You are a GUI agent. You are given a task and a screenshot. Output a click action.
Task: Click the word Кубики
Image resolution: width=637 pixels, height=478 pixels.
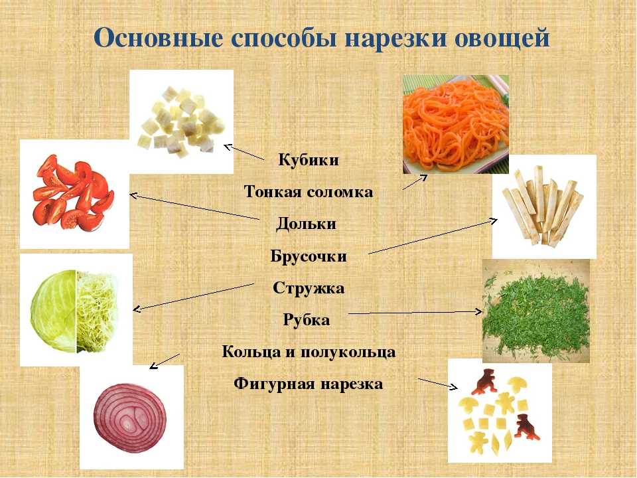(309, 160)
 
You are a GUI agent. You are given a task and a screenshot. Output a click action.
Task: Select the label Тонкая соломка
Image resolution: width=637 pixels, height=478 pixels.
(309, 191)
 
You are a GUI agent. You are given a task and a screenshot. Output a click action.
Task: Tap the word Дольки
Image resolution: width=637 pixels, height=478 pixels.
(307, 224)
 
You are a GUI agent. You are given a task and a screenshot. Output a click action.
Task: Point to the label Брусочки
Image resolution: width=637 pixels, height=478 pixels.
(309, 256)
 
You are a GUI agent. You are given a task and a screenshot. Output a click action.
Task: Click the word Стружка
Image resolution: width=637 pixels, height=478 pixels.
(309, 287)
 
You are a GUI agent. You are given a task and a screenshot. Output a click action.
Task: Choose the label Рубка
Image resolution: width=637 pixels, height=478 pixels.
(307, 320)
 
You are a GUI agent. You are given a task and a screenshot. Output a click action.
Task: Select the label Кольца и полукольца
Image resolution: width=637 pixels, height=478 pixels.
(309, 352)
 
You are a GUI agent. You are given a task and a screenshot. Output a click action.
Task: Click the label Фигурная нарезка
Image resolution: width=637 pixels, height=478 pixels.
(309, 384)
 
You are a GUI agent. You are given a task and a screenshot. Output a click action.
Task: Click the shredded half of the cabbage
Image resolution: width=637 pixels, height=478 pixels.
(98, 311)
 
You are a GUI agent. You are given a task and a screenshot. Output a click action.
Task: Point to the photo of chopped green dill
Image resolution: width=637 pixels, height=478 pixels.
(536, 311)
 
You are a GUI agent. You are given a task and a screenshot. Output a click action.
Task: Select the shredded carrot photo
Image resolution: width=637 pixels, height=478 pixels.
(456, 124)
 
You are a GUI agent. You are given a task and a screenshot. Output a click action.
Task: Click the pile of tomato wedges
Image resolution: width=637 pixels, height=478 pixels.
(73, 193)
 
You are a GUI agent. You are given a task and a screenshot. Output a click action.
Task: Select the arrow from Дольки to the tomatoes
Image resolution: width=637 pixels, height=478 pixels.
(194, 207)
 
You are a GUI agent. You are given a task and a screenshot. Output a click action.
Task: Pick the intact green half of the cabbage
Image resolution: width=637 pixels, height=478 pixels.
(54, 311)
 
